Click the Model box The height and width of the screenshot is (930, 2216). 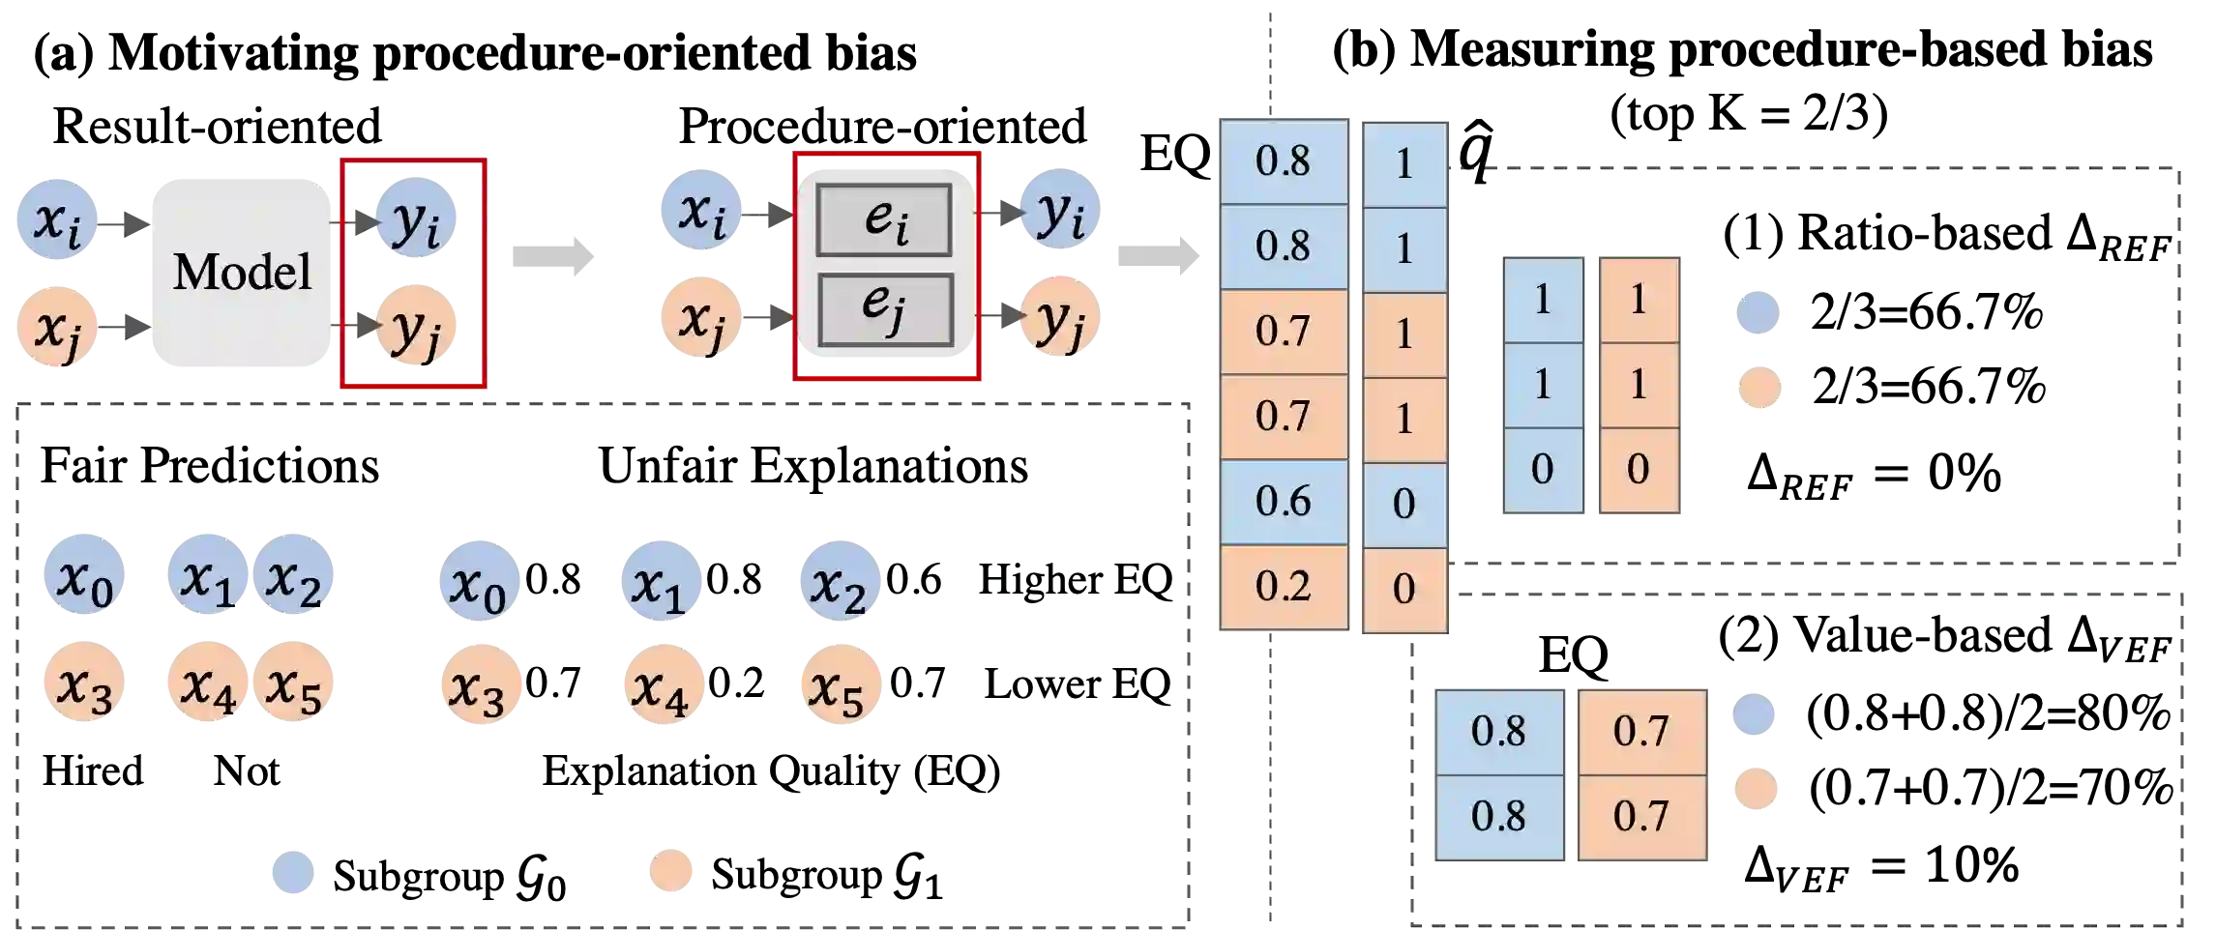click(242, 274)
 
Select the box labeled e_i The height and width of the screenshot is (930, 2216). click(884, 220)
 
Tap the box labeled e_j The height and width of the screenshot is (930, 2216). click(884, 309)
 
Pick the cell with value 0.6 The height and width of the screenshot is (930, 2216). click(1283, 502)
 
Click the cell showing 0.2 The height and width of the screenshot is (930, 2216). click(1283, 587)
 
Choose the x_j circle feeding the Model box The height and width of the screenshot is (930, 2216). click(57, 327)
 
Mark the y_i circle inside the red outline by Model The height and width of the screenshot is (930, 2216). click(414, 221)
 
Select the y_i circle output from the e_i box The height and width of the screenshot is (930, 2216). click(1061, 213)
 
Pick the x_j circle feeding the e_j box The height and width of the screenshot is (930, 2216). click(700, 317)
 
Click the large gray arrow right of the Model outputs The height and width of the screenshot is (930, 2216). click(551, 255)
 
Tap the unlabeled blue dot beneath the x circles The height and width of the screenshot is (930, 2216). click(293, 873)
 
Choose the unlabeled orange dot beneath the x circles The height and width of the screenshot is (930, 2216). click(669, 869)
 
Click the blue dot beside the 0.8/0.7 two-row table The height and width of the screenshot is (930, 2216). click(1753, 716)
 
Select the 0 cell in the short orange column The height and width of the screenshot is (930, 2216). click(1639, 470)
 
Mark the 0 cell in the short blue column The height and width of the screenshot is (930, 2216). click(1543, 470)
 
